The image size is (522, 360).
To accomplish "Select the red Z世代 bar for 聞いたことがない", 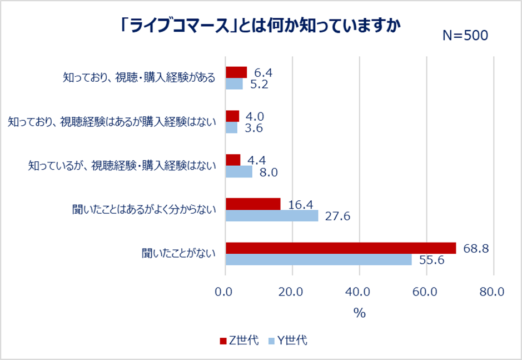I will click(x=340, y=248).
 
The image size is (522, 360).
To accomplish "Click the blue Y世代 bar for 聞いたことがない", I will click(x=318, y=260).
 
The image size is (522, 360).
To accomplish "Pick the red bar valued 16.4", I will click(x=253, y=204).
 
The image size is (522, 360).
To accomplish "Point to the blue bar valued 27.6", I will click(x=272, y=216).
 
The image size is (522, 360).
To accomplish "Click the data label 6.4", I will click(x=263, y=72).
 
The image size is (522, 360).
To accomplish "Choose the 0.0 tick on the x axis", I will click(x=225, y=292).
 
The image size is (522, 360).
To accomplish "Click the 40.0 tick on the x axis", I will click(x=359, y=292).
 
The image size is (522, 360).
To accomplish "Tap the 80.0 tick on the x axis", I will click(x=493, y=292).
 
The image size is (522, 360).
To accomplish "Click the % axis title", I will click(x=359, y=313).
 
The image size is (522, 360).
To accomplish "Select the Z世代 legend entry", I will click(x=239, y=341).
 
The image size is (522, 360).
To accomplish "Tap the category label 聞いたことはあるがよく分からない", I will click(x=143, y=210).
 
